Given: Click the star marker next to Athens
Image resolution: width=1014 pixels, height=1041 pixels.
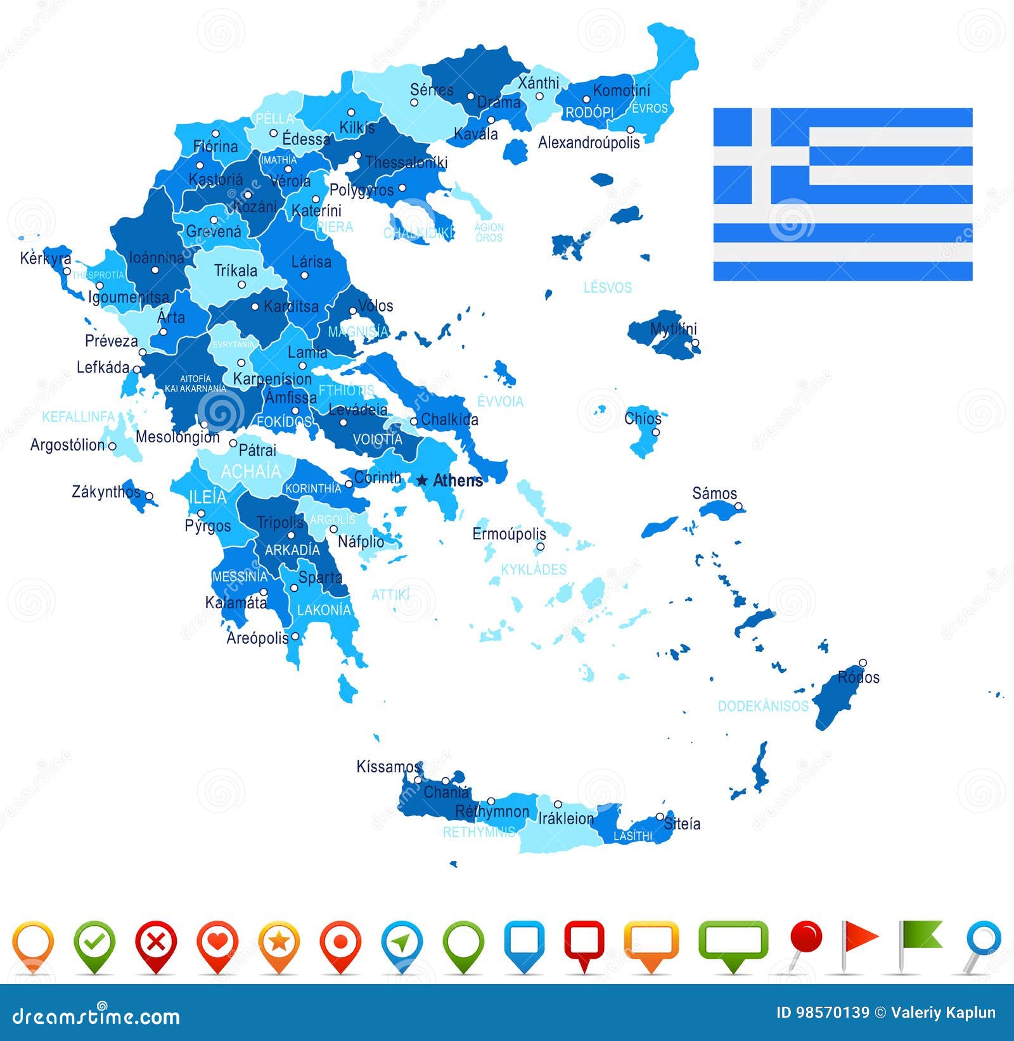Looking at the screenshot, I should (422, 481).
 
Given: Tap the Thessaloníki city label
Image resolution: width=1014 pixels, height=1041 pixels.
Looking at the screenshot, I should (406, 163).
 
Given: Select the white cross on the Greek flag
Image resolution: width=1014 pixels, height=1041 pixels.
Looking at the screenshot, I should (761, 156).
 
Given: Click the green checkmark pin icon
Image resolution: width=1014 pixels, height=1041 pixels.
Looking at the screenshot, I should (94, 943).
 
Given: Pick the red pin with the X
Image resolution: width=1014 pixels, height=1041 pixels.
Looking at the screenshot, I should (156, 943).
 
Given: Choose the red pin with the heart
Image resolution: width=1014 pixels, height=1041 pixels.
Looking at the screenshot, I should (217, 943).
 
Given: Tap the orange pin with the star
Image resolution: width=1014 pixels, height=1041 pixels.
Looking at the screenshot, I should (279, 943).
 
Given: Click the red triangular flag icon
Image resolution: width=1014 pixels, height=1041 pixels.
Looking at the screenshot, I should (859, 938).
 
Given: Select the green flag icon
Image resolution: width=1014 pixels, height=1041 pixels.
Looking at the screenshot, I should (920, 936).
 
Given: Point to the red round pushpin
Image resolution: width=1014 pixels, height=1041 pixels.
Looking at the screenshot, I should (807, 937).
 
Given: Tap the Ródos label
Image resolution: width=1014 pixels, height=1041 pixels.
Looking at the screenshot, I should (859, 677).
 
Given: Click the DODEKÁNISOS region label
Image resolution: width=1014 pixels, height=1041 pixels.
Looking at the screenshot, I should (763, 706).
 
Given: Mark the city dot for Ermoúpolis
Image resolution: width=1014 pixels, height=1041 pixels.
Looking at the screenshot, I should (541, 547).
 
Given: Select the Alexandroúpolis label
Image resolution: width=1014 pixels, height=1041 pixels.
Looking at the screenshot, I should (589, 143).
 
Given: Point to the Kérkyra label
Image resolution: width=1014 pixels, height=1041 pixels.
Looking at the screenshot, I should (46, 258).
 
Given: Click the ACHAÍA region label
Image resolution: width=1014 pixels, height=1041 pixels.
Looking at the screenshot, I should (251, 471).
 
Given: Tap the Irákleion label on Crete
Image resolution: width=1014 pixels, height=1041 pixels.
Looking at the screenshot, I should (566, 819).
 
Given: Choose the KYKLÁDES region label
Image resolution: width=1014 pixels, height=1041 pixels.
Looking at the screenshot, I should (534, 570).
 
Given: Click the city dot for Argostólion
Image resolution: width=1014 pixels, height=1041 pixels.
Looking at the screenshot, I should (112, 446).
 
